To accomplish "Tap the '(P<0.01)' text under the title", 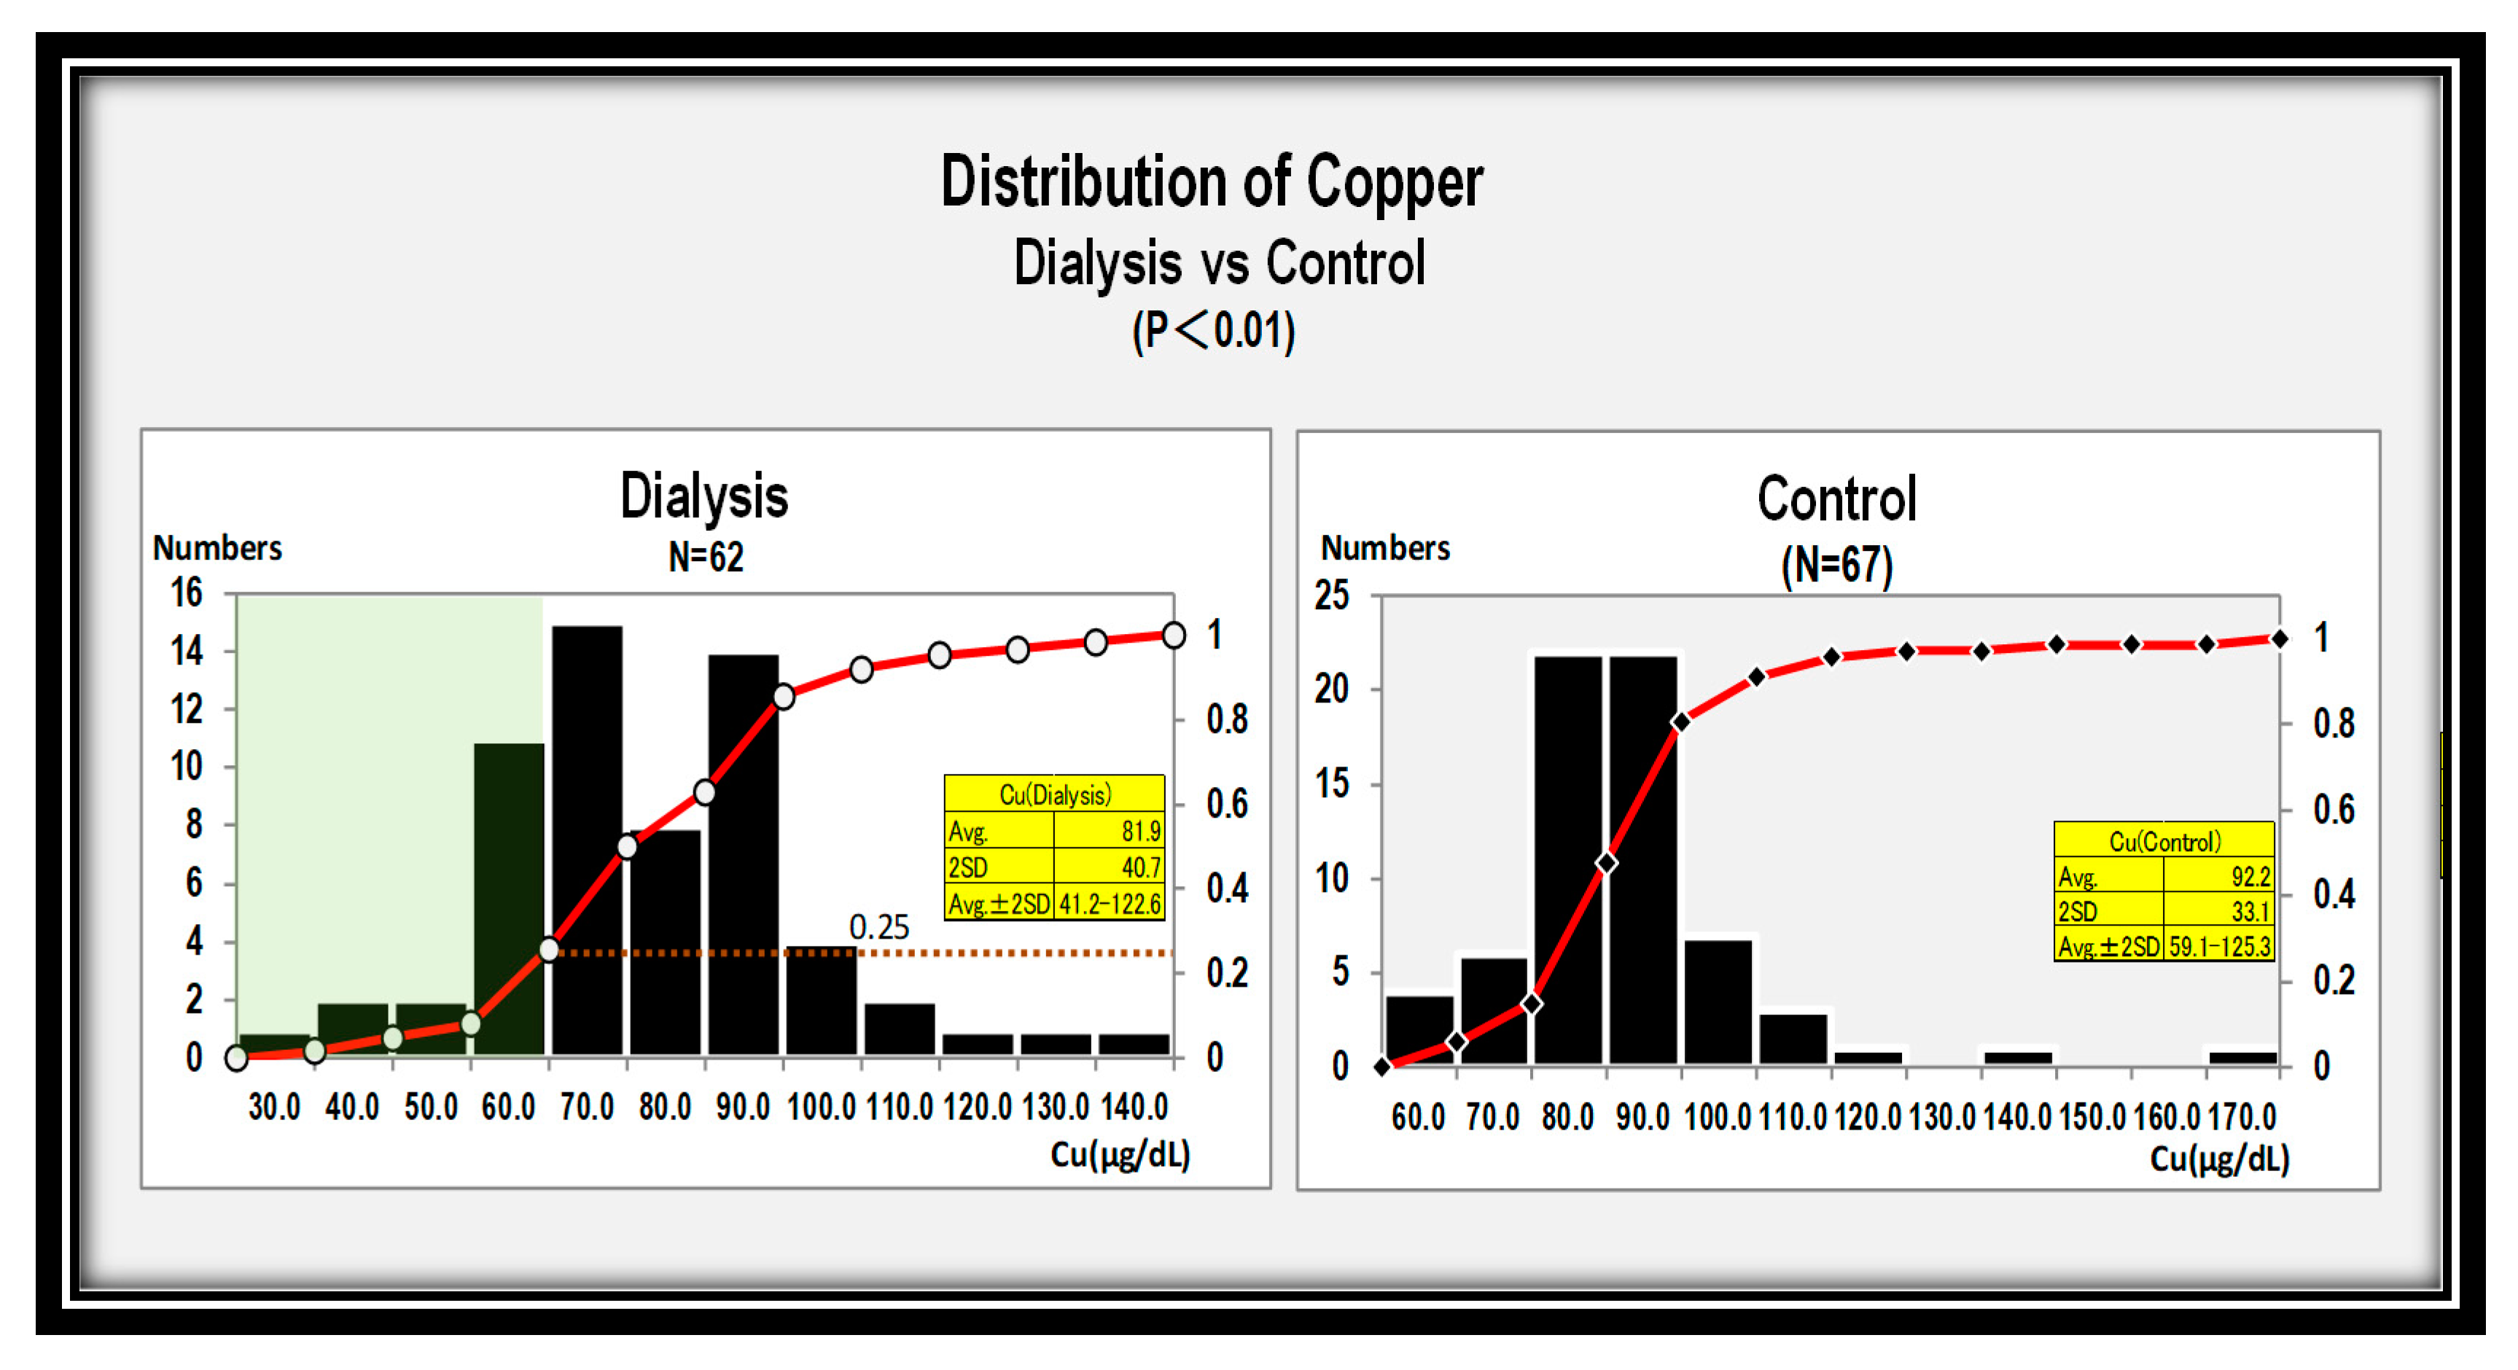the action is pyautogui.click(x=1213, y=330).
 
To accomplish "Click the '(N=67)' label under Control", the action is pyautogui.click(x=1836, y=565).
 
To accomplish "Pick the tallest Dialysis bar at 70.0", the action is pyautogui.click(x=587, y=840).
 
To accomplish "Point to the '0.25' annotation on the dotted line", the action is pyautogui.click(x=878, y=926).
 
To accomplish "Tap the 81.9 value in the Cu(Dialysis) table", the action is pyautogui.click(x=1141, y=831).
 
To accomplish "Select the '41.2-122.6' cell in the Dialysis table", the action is pyautogui.click(x=1110, y=904).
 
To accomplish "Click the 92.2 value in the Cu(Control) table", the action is pyautogui.click(x=2250, y=877).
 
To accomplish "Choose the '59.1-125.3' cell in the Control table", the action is pyautogui.click(x=2220, y=947).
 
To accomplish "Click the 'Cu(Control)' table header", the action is pyautogui.click(x=2164, y=842).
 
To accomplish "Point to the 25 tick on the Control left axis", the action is pyautogui.click(x=1331, y=595).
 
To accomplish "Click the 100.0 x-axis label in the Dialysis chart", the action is pyautogui.click(x=821, y=1107).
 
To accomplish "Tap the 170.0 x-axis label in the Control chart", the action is pyautogui.click(x=2242, y=1116).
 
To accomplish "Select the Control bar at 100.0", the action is pyautogui.click(x=1718, y=1001).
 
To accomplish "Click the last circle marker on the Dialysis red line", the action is pyautogui.click(x=1173, y=635).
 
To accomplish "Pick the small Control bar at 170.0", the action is pyautogui.click(x=2242, y=1057).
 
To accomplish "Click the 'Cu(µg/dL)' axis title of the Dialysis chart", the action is pyautogui.click(x=1120, y=1156).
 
